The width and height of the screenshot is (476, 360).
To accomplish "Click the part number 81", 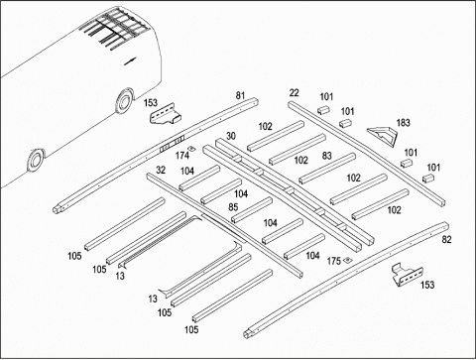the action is [x=240, y=96].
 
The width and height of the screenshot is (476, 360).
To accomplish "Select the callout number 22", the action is [x=294, y=93].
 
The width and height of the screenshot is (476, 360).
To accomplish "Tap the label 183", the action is [x=403, y=123].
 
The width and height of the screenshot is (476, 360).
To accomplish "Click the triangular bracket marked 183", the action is [x=383, y=136].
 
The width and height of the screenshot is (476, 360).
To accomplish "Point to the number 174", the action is [x=182, y=155].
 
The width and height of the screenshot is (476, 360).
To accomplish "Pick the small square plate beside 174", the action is [x=190, y=148].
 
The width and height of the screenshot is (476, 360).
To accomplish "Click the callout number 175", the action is [x=334, y=261].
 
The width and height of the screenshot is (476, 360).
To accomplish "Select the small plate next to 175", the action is [x=347, y=260].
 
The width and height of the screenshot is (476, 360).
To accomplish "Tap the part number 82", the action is [x=446, y=239].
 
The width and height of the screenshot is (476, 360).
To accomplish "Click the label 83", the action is [x=327, y=156].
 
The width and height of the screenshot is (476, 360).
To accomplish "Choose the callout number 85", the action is [x=233, y=207].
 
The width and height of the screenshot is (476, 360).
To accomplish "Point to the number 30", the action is [x=231, y=136].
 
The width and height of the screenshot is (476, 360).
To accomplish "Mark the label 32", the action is [x=161, y=170].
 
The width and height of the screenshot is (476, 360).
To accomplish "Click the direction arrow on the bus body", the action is [x=130, y=61].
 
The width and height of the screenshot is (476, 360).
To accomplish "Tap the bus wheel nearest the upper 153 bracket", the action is [x=124, y=102].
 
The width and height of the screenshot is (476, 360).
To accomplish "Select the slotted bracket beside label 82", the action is [x=407, y=275].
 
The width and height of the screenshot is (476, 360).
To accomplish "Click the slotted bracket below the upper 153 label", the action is [x=166, y=114].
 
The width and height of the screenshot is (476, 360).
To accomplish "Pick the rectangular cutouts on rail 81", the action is [x=172, y=144].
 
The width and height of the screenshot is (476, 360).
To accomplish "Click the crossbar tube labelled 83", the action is [x=327, y=169].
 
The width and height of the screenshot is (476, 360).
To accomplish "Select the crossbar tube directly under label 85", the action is [x=252, y=210].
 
